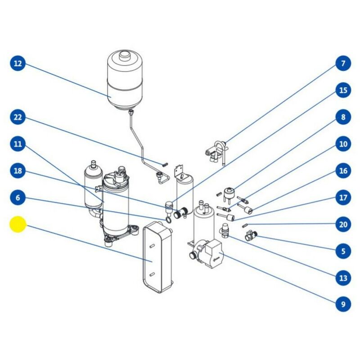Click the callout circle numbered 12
click(18, 63)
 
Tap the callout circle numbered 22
click(18, 117)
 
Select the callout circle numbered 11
click(18, 144)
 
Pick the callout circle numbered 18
click(18, 171)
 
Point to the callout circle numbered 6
click(18, 198)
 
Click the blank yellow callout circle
click(18, 225)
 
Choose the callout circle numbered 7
click(343, 63)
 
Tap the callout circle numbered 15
click(343, 90)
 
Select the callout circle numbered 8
click(343, 117)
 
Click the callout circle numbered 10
click(343, 144)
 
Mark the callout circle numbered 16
click(343, 171)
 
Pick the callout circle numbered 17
click(343, 198)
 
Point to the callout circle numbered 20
click(343, 224)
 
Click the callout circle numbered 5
click(343, 251)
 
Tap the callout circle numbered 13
click(343, 278)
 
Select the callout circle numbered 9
click(343, 304)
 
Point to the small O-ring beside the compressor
click(167, 220)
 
